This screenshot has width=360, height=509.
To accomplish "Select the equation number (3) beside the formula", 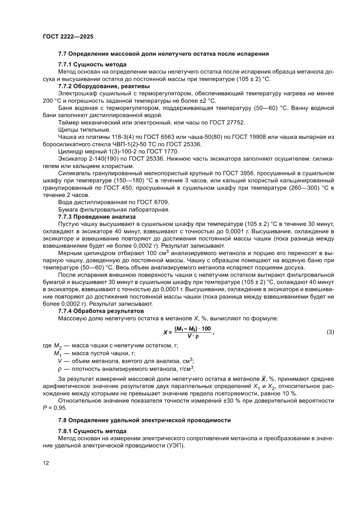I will pos(330,332).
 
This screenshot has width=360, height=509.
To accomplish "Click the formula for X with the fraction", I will pos(188,331).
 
